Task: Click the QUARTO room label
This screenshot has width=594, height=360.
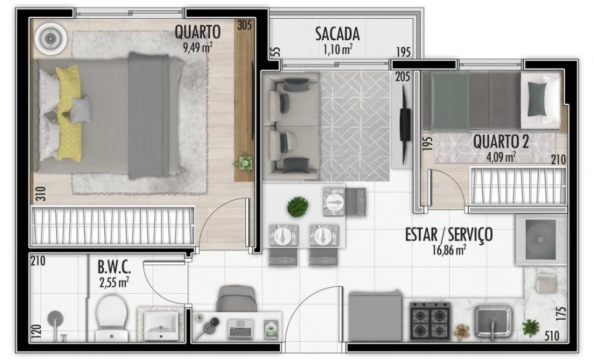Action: [x=197, y=32]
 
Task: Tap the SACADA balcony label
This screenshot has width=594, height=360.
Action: [x=337, y=34]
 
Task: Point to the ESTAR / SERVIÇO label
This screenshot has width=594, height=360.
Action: [x=449, y=234]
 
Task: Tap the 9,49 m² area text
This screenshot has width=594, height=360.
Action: [x=198, y=45]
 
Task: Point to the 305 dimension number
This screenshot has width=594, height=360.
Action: [x=244, y=26]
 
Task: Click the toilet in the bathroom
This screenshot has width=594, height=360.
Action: [x=112, y=317]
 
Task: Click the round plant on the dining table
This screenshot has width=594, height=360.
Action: [x=297, y=207]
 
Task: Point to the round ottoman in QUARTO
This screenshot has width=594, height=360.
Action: [x=50, y=39]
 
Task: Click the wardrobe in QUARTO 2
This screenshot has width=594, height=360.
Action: [x=517, y=186]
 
